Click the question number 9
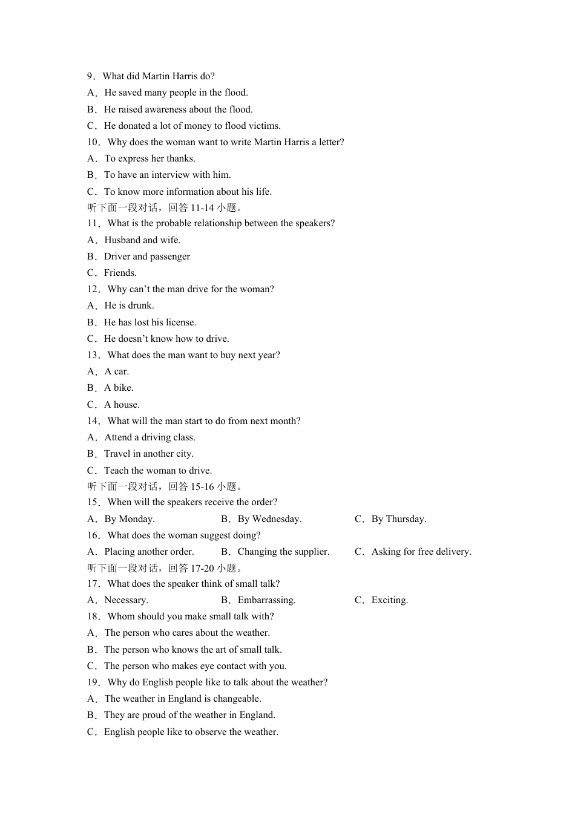(90, 76)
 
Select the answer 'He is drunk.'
(129, 305)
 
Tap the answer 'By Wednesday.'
(269, 519)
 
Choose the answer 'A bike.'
(119, 388)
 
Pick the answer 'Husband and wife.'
(142, 240)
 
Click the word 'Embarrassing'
(265, 600)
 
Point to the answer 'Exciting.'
(389, 600)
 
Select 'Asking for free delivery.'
(421, 552)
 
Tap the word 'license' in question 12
(179, 322)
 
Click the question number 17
(93, 584)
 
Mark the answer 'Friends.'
(120, 273)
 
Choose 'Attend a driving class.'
(149, 437)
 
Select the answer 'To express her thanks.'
(149, 158)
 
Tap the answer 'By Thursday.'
(398, 519)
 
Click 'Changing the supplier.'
(283, 552)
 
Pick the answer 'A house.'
(122, 405)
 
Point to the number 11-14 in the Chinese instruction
(202, 207)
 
